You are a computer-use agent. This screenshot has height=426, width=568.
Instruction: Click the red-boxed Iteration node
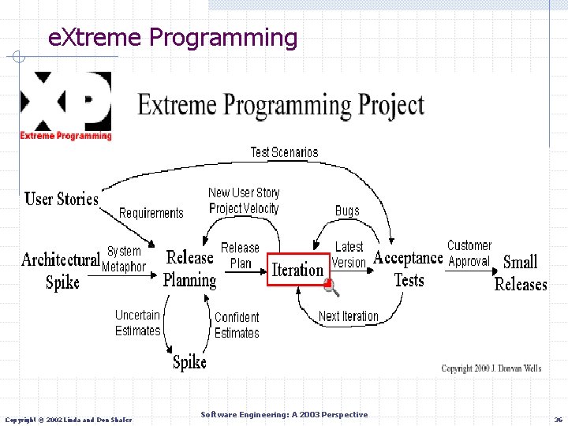pyautogui.click(x=297, y=269)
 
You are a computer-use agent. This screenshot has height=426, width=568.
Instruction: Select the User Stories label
pyautogui.click(x=62, y=199)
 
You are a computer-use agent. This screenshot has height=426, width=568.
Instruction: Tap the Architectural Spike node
pyautogui.click(x=62, y=271)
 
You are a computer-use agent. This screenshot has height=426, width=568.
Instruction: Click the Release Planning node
pyautogui.click(x=189, y=268)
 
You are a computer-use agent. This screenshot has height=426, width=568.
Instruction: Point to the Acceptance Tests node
pyautogui.click(x=408, y=268)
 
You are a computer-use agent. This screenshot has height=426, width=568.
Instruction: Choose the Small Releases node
pyautogui.click(x=520, y=273)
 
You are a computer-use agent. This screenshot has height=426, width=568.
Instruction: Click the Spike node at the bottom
pyautogui.click(x=189, y=362)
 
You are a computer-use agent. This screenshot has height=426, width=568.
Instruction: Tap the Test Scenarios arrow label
pyautogui.click(x=284, y=152)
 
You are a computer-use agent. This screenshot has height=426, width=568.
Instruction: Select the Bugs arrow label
pyautogui.click(x=347, y=211)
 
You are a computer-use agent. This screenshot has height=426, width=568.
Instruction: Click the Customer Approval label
pyautogui.click(x=469, y=253)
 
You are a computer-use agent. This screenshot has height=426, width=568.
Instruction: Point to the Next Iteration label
pyautogui.click(x=349, y=316)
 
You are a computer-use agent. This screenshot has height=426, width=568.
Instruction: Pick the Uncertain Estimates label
pyautogui.click(x=137, y=323)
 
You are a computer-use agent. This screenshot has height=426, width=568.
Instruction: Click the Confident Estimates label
pyautogui.click(x=237, y=325)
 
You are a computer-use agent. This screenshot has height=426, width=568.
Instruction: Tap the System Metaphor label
pyautogui.click(x=124, y=259)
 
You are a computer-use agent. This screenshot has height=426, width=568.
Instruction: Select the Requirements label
pyautogui.click(x=151, y=213)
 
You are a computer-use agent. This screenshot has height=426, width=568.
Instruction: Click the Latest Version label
pyautogui.click(x=349, y=255)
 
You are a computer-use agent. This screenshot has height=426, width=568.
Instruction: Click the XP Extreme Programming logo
pyautogui.click(x=66, y=106)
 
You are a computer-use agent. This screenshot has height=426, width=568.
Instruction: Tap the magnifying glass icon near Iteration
pyautogui.click(x=332, y=288)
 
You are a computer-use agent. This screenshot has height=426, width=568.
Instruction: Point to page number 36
pyautogui.click(x=558, y=419)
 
